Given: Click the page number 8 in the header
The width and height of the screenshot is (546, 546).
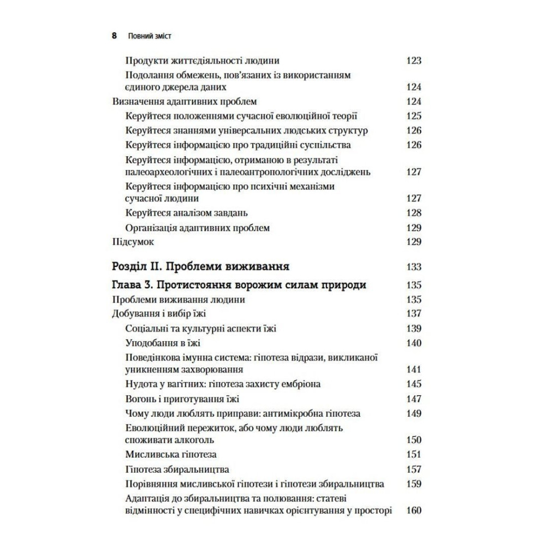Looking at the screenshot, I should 114,37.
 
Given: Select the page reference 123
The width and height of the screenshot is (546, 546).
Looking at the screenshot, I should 414,61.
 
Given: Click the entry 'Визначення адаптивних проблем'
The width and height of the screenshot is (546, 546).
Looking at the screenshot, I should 184,101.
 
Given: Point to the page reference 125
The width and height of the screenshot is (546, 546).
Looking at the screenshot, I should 414,116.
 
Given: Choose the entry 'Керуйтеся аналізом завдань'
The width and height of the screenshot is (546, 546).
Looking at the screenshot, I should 182,213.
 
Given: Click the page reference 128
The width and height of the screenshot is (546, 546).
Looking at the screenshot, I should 414,213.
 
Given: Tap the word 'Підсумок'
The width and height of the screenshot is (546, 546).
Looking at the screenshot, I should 133,241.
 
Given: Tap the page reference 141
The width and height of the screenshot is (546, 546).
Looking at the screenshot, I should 414,370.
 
